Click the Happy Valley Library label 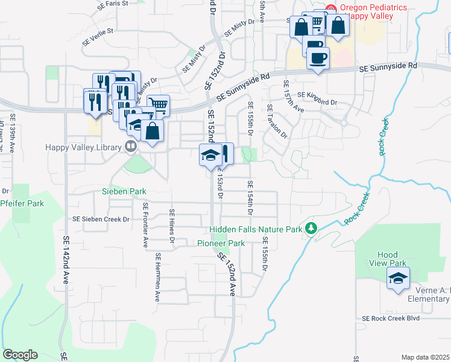(x=83, y=147)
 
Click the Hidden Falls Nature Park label (x=256, y=230)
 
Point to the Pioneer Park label (x=221, y=243)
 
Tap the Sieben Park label (x=124, y=191)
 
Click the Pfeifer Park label (x=22, y=204)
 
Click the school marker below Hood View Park (x=397, y=278)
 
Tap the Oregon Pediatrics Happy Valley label (x=373, y=12)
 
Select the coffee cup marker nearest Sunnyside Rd (x=318, y=59)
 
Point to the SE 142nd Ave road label (x=66, y=259)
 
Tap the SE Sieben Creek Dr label (x=101, y=220)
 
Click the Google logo (x=20, y=355)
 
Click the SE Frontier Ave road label (x=146, y=225)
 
